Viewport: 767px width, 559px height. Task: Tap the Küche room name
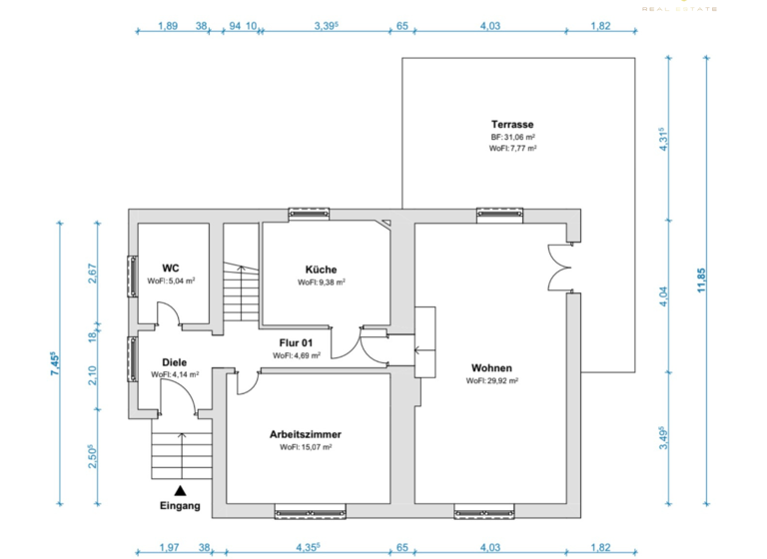(x=321, y=269)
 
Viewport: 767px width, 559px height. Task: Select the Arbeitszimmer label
(x=305, y=434)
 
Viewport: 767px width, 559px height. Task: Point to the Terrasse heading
(x=512, y=124)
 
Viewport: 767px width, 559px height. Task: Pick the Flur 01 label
(x=296, y=341)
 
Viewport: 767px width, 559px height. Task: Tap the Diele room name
(x=175, y=362)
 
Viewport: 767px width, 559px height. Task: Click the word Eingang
(x=180, y=506)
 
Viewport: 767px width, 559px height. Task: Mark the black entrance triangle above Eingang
(x=180, y=490)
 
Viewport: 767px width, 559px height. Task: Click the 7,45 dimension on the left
(x=56, y=360)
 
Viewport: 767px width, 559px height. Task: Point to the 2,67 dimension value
(x=92, y=274)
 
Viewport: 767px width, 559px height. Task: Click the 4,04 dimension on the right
(x=662, y=297)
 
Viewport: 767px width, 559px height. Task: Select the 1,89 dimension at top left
(x=168, y=27)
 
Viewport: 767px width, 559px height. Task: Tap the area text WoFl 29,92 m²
(x=491, y=380)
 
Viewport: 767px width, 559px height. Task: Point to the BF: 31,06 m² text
(x=512, y=137)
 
